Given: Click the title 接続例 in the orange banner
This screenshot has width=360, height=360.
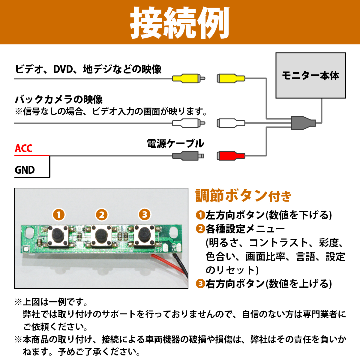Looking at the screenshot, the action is [180, 23].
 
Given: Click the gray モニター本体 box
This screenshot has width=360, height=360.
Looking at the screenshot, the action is [311, 75].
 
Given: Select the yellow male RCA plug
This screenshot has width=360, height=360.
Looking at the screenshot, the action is [188, 79].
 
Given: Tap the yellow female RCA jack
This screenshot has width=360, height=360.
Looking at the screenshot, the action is [231, 79].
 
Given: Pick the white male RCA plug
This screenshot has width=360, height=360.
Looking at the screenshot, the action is [188, 123].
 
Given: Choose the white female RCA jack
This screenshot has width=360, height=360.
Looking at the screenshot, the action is [231, 123].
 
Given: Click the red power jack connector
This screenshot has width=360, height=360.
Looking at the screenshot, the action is [231, 156].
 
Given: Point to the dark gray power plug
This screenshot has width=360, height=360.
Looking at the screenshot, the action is [188, 156].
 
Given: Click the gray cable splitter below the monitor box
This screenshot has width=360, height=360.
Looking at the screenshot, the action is [303, 123].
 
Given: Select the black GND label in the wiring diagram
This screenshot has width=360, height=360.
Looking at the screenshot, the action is [25, 170].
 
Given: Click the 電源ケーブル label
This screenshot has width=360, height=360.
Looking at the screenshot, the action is [175, 144].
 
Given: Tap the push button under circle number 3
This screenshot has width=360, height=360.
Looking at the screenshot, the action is [144, 236].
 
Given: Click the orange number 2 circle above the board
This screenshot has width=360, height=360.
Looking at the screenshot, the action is [102, 215].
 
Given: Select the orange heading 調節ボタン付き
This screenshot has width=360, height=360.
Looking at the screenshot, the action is [243, 196].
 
